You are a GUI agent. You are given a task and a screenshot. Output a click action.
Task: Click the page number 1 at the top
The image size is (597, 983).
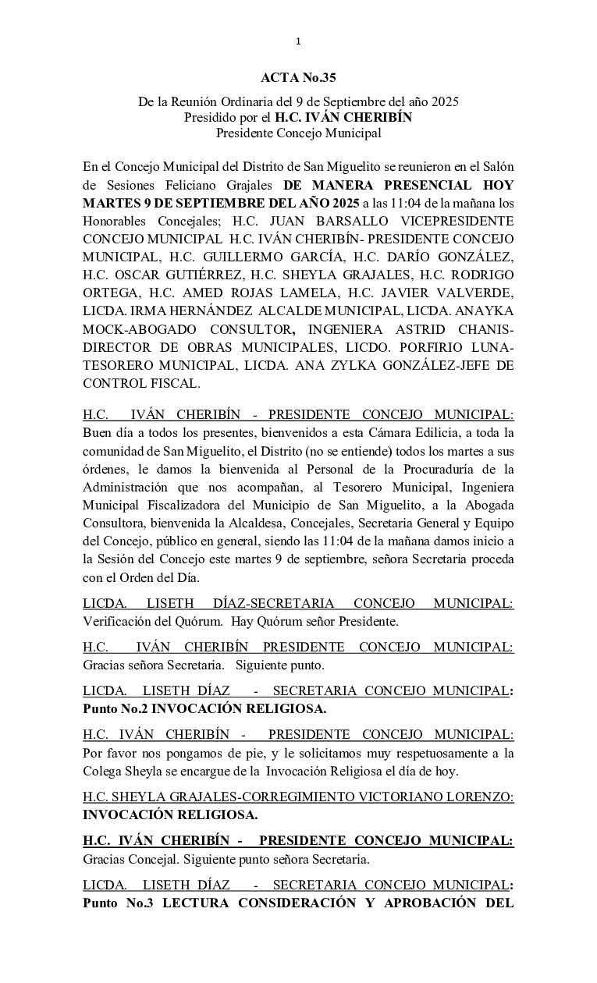click(x=298, y=41)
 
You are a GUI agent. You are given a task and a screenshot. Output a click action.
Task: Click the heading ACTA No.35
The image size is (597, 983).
click(x=298, y=77)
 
